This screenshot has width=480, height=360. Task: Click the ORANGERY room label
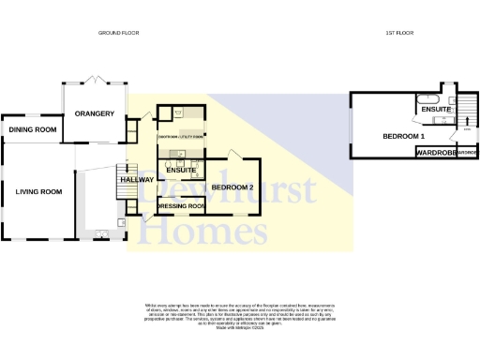(x=94, y=114)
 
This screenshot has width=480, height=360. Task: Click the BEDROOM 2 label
(x=232, y=187)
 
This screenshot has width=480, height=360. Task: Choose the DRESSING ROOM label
(x=181, y=205)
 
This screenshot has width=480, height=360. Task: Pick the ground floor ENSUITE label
(x=180, y=171)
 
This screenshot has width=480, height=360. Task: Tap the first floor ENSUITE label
(x=437, y=111)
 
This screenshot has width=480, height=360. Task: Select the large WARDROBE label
(x=435, y=152)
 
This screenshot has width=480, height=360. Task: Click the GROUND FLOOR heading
(x=118, y=33)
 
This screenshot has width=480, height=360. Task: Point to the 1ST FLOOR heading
(x=400, y=33)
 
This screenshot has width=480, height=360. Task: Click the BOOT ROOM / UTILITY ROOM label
(x=181, y=137)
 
